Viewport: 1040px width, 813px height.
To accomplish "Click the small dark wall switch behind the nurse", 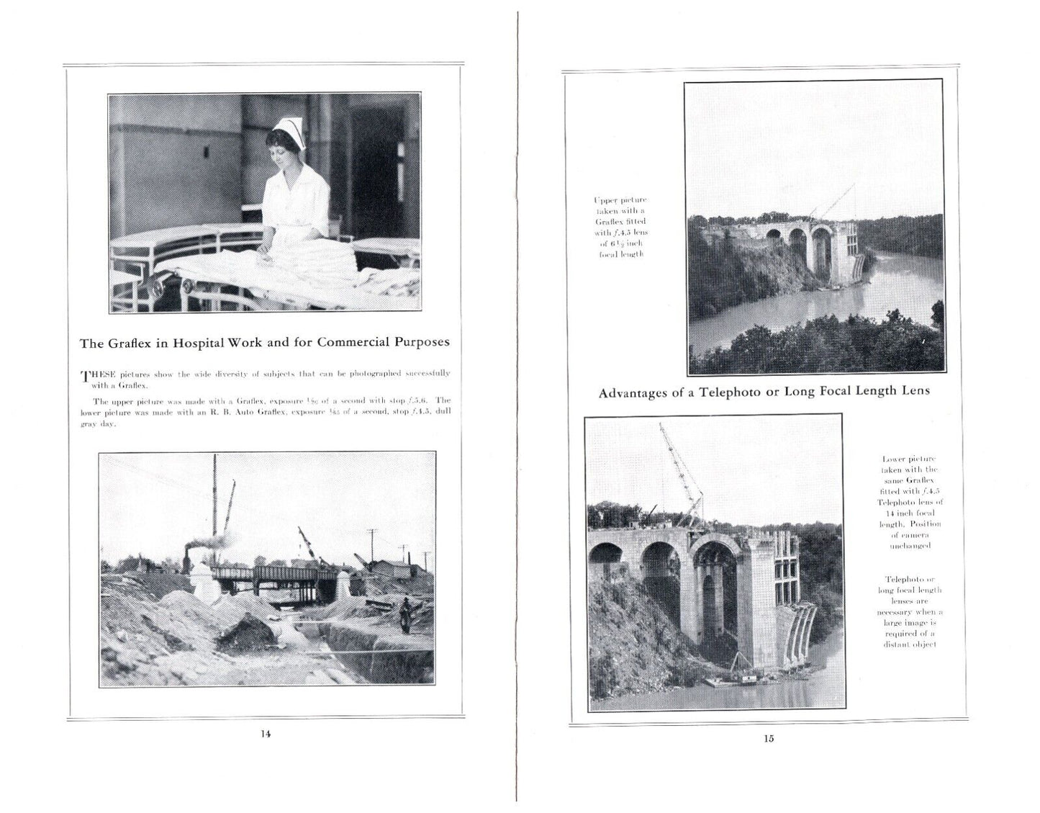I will tap(206, 153).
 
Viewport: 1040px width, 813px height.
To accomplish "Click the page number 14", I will tap(266, 734).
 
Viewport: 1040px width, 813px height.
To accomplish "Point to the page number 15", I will tap(769, 738).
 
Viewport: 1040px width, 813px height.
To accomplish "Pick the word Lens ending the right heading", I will tap(916, 391).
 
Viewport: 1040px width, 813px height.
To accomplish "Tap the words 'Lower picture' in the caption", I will tap(908, 458).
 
